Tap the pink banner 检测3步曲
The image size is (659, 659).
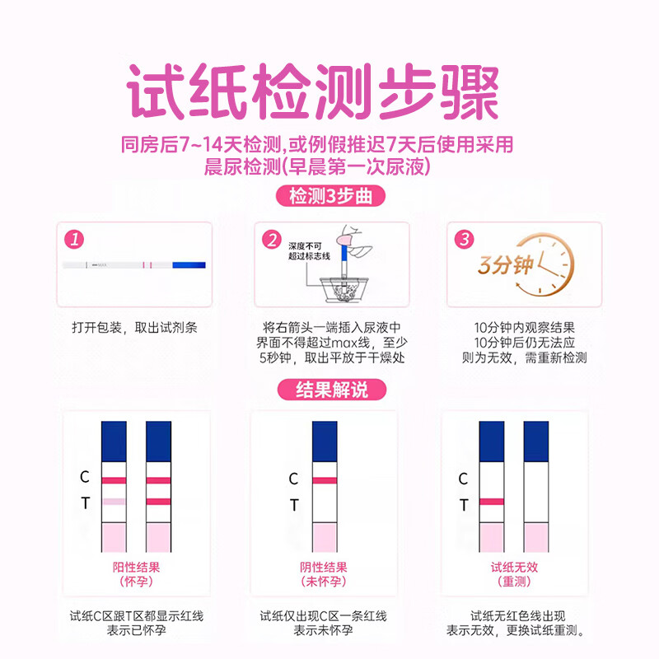(329, 198)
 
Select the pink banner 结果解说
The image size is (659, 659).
(329, 390)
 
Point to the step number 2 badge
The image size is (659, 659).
(271, 241)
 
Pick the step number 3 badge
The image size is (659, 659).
(465, 240)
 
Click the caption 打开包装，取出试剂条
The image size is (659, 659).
(134, 327)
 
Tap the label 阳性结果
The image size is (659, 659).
(136, 567)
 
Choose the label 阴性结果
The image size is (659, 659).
(324, 567)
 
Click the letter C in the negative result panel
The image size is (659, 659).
(294, 479)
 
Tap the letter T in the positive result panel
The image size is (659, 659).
(85, 502)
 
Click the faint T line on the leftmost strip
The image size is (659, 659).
(114, 501)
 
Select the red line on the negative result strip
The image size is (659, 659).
(324, 479)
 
